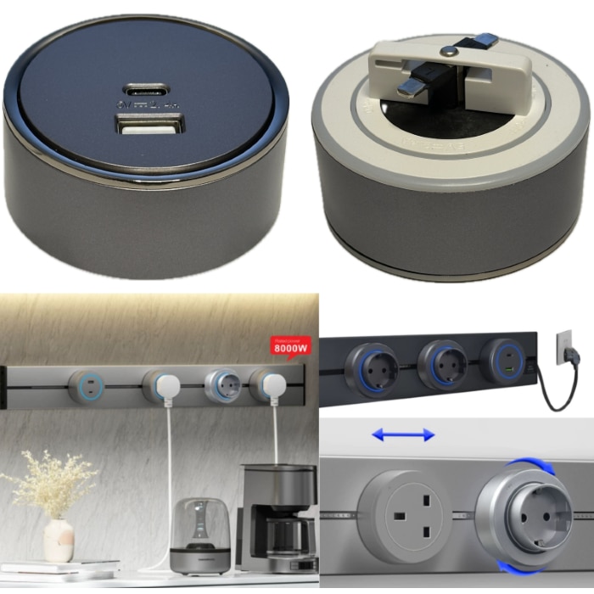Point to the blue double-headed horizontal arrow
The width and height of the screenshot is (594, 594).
click(x=403, y=434)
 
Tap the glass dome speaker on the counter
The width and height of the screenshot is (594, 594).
click(x=199, y=535)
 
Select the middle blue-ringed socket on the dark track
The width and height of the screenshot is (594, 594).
click(x=440, y=363)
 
